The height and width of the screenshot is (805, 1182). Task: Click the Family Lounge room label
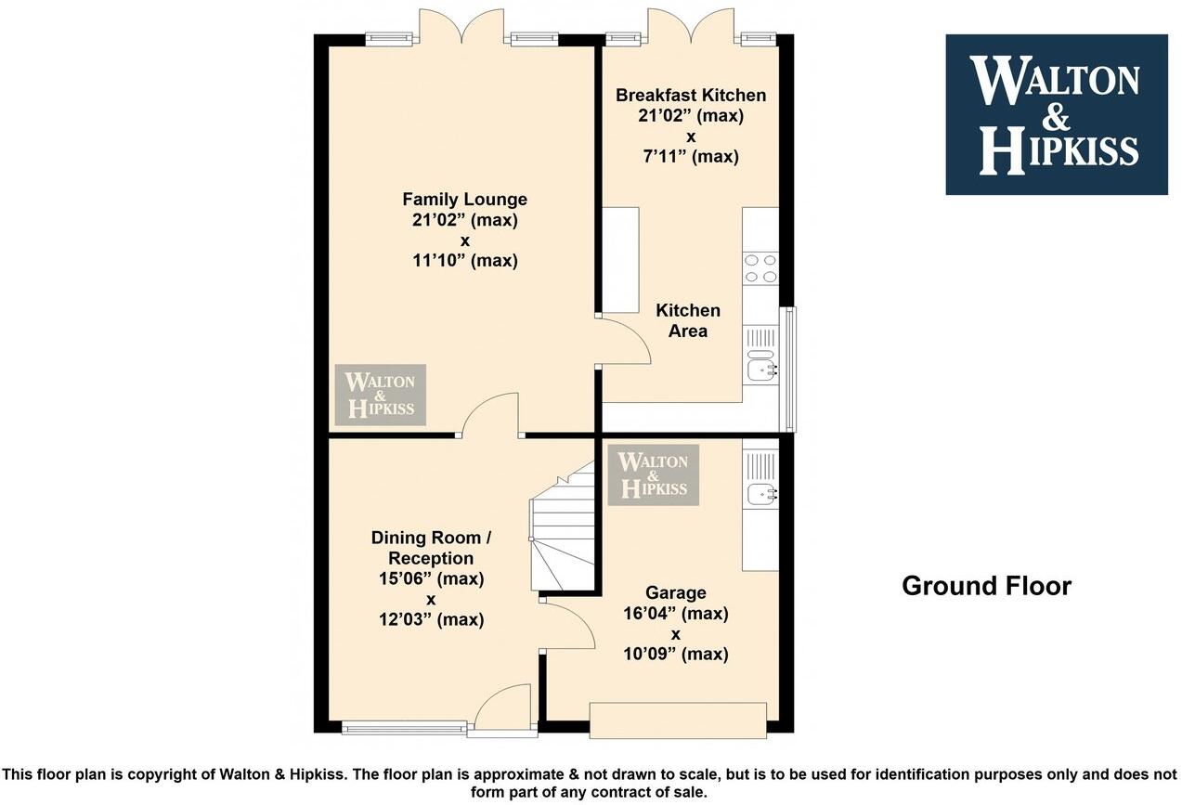tap(464, 200)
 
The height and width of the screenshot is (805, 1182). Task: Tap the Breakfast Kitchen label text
tap(691, 96)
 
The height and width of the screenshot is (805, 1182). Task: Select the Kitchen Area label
tap(687, 320)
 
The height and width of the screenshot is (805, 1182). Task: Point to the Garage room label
tap(676, 593)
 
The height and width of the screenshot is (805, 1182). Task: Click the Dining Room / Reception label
tap(426, 548)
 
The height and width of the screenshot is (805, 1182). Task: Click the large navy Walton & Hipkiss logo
tap(1056, 115)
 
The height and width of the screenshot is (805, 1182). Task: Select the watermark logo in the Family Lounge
tap(381, 395)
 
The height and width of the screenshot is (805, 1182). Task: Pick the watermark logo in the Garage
tap(653, 474)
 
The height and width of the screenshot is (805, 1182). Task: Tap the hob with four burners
tap(760, 268)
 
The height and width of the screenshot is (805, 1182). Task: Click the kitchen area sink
tap(761, 369)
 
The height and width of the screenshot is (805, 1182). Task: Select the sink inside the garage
tap(761, 494)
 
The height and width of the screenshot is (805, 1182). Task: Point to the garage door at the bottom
tap(678, 721)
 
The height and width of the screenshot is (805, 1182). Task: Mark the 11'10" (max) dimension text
tap(464, 261)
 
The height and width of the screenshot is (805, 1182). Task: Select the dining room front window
tap(405, 729)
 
